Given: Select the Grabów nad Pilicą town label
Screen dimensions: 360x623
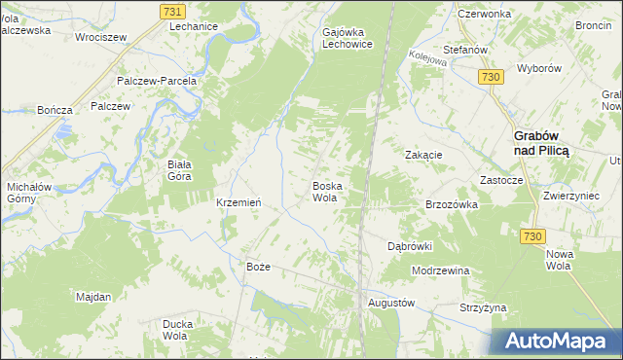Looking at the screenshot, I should point(541,144).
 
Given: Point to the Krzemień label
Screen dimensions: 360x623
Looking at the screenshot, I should point(237,202).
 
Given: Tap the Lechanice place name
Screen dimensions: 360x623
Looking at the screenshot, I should point(193,27).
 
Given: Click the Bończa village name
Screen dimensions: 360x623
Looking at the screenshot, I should point(55,110).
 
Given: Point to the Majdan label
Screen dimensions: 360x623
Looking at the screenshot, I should point(93,295).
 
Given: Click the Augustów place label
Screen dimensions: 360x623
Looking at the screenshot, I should point(391,303).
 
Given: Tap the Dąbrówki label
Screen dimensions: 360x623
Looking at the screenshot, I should point(409,246).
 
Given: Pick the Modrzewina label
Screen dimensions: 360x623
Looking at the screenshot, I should point(441,270).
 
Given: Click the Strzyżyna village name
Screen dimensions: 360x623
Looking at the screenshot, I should point(484,307).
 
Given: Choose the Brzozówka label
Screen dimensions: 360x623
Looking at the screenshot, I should point(452,204).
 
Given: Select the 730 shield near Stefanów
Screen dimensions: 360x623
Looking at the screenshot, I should point(491,77).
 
